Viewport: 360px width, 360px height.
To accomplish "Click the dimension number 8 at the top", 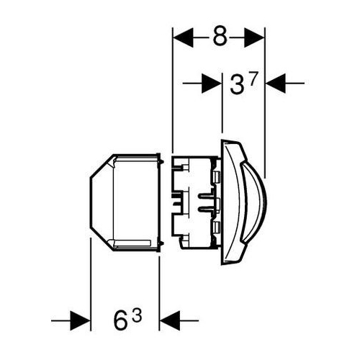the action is (220, 37).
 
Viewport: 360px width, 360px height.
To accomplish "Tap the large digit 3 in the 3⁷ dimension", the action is (236, 84).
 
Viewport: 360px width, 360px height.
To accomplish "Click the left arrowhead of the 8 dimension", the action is (183, 37).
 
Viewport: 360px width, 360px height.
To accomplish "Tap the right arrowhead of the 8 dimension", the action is (254, 37).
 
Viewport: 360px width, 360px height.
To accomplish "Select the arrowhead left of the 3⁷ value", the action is (212, 84).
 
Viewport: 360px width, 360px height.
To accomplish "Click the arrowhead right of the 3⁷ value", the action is (276, 84).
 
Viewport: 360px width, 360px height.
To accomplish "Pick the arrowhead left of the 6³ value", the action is (80, 320).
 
